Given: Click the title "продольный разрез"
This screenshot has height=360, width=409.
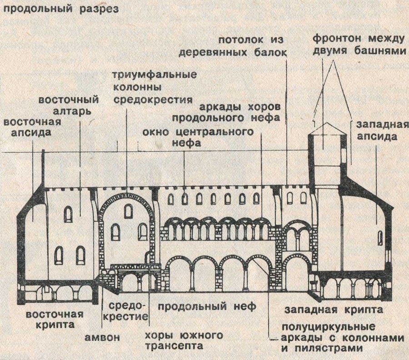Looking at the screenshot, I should point(59,9).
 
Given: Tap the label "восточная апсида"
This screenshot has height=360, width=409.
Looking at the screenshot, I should point(32,128).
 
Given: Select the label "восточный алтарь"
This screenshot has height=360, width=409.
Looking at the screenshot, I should point(68,105).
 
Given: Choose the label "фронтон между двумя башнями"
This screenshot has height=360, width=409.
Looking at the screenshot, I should point(359,44).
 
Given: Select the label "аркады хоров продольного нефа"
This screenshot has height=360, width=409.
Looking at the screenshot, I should point(240,112).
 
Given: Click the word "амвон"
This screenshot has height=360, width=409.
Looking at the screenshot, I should point(102,337).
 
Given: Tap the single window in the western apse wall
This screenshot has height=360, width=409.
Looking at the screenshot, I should point(380,237).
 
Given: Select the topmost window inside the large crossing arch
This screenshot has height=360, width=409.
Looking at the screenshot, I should point(129,211).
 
